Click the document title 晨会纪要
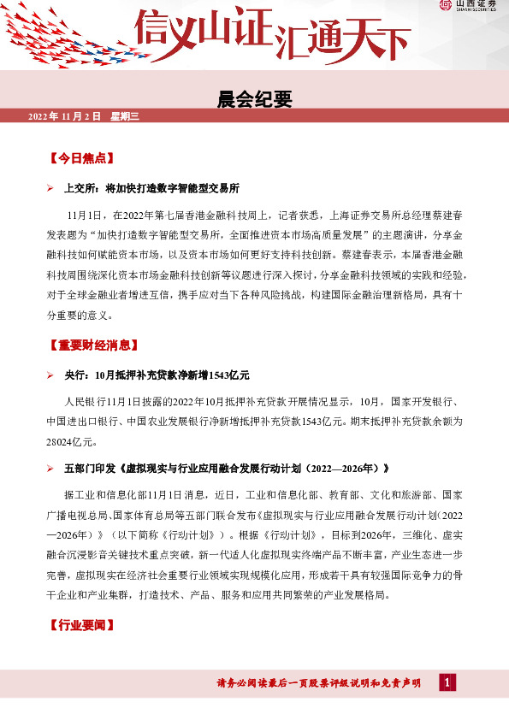(x=254, y=99)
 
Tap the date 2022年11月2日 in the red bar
(x=65, y=115)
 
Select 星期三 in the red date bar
(x=123, y=115)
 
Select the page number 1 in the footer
(x=447, y=682)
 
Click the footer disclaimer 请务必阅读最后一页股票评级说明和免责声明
(x=319, y=682)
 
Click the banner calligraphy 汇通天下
(x=337, y=34)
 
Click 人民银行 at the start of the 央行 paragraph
(x=83, y=400)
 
